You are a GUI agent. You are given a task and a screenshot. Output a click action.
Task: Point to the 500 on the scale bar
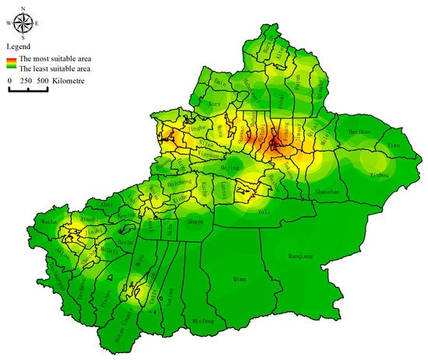(41, 80)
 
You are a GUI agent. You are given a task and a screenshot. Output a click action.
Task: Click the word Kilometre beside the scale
(70, 80)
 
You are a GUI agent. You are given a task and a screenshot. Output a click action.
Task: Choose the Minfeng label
(202, 320)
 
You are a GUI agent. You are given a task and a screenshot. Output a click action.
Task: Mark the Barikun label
(360, 132)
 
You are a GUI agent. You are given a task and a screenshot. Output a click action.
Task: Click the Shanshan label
(323, 190)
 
